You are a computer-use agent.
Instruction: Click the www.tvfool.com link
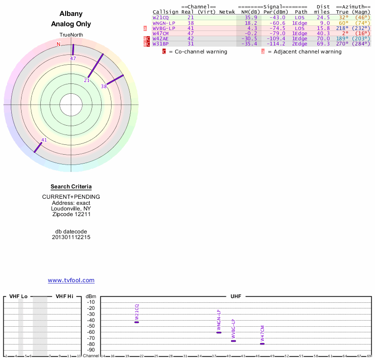71,280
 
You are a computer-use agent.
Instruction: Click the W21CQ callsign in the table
161,17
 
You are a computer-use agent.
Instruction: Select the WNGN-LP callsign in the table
164,22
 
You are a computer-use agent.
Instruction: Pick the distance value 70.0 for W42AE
322,38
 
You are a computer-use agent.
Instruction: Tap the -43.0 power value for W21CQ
277,17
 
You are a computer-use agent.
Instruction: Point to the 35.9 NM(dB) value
251,17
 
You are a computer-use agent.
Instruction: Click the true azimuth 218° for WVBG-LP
342,28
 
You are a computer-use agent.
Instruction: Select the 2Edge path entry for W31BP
300,44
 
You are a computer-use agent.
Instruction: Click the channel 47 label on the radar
73,59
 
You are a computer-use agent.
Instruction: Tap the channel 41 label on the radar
44,140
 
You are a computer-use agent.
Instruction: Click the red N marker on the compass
59,44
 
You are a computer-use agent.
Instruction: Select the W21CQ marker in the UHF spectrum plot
136,322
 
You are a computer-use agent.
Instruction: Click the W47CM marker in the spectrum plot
262,344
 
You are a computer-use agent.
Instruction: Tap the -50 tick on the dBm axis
91,326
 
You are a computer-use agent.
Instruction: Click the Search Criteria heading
71,187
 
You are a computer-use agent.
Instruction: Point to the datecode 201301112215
71,237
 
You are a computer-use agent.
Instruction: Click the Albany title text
71,14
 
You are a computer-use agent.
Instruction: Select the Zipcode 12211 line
71,214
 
